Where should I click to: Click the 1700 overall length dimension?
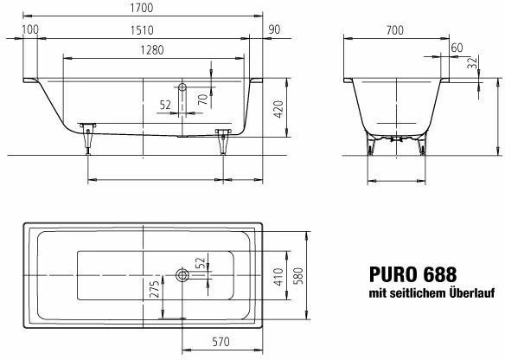(x=142, y=8)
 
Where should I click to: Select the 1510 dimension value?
(x=142, y=30)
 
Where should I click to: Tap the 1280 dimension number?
(x=152, y=50)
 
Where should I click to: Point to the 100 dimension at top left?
(x=30, y=29)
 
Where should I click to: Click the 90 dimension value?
(x=274, y=29)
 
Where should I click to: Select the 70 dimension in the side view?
(x=203, y=100)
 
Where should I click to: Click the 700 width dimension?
(x=394, y=30)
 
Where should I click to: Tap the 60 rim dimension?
(x=457, y=48)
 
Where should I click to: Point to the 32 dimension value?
(x=471, y=62)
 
